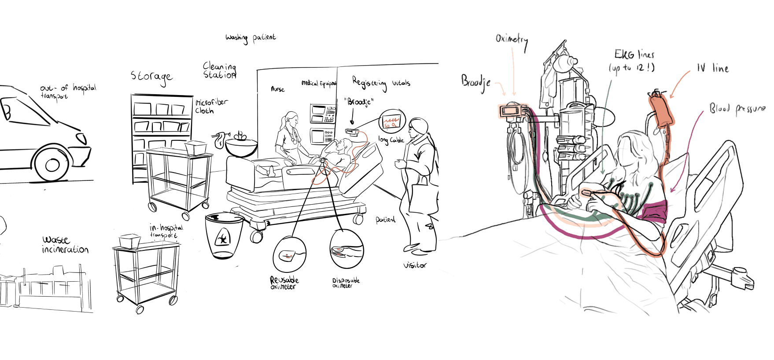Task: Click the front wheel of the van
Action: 52,165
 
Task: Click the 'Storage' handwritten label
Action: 151,77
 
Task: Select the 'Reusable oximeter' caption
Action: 284,283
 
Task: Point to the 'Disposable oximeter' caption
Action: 346,283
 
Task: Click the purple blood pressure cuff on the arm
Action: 655,210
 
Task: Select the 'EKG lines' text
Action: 634,55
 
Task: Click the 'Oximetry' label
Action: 512,40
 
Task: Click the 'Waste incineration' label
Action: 65,245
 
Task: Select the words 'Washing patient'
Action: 251,38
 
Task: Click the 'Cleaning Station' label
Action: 220,70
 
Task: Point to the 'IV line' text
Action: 713,68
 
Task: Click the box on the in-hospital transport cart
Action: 130,240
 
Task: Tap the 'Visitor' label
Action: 415,265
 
